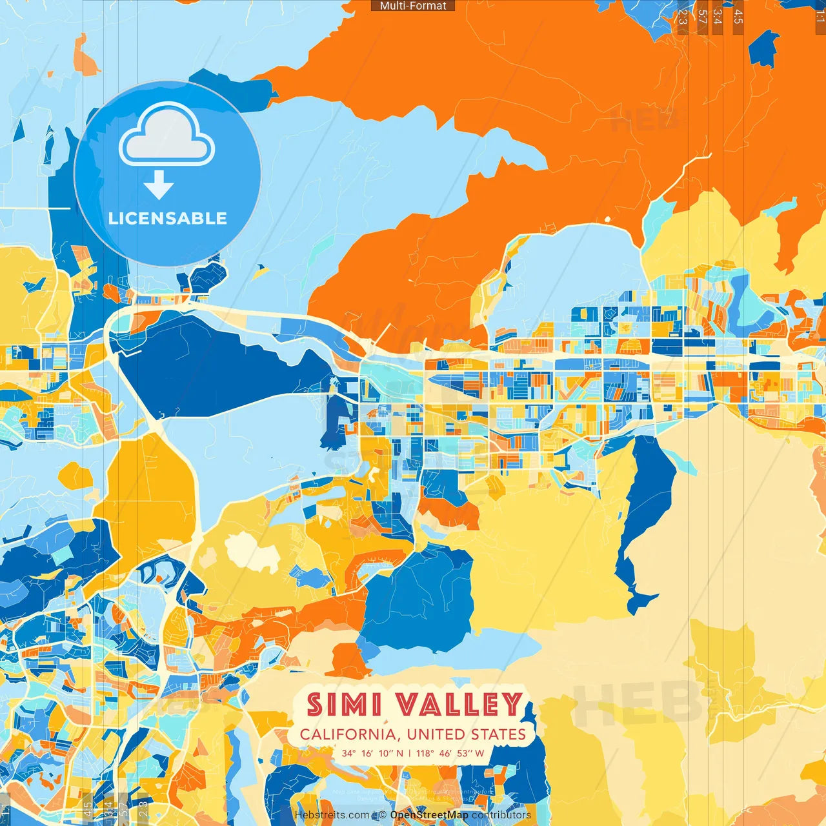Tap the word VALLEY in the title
(x=459, y=705)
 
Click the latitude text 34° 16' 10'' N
(x=372, y=753)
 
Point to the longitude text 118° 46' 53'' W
(x=450, y=753)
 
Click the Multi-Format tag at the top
(x=413, y=6)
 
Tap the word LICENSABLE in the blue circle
(x=168, y=218)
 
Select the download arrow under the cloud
(x=159, y=185)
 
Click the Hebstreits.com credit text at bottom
(x=332, y=815)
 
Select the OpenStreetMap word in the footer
(x=429, y=815)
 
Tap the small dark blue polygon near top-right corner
(x=764, y=48)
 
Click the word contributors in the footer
(x=501, y=815)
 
